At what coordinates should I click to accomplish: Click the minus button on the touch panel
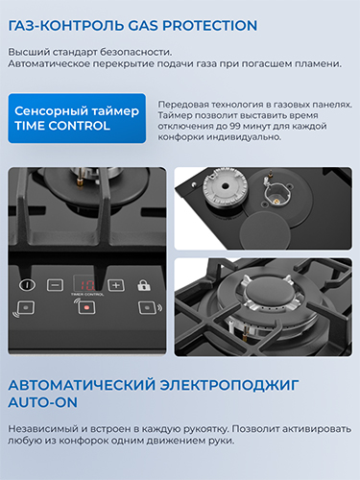coord(55,285)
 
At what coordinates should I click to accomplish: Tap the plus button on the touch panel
coord(116,285)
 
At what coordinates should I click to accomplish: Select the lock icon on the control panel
coord(144,285)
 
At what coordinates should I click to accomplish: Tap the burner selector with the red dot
coord(86,307)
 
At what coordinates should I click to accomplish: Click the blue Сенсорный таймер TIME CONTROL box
coord(77,118)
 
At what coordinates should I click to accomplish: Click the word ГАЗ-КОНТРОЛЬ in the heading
coord(66,26)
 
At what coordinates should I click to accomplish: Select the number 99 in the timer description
coord(235,126)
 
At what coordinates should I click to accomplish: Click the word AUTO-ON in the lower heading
coord(42,402)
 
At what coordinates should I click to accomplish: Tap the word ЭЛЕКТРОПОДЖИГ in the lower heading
coord(229,385)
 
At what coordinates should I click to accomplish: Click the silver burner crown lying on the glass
coord(226,186)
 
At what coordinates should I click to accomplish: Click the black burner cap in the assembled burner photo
coord(268,293)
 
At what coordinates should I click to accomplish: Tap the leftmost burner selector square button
coord(26,307)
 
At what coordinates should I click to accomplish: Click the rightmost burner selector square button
coord(147,307)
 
